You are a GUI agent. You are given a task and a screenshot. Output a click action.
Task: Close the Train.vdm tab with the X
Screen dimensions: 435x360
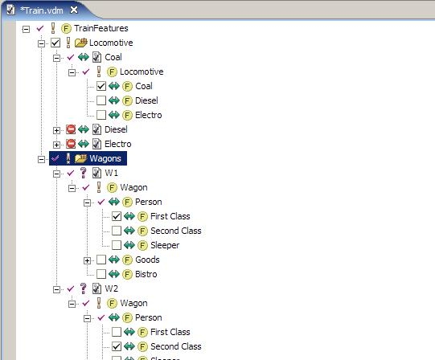74,10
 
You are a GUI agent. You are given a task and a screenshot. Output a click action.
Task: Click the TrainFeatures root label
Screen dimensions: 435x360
101,28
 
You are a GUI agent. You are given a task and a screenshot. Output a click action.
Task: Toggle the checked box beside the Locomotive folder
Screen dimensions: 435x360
55,43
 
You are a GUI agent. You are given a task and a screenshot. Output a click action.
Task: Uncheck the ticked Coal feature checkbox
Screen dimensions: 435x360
101,86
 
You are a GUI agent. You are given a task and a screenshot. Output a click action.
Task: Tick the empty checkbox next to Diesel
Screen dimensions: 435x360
101,100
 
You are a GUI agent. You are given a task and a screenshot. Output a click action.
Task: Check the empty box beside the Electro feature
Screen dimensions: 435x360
101,115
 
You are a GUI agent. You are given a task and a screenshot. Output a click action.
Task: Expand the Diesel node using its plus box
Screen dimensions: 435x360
56,130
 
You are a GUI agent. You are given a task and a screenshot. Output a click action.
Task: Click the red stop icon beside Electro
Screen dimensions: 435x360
71,144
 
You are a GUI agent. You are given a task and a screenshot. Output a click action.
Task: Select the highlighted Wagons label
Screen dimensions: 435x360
105,158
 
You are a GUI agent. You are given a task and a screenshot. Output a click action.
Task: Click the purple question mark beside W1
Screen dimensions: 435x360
84,173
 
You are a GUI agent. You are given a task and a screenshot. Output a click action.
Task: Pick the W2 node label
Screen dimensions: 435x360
111,288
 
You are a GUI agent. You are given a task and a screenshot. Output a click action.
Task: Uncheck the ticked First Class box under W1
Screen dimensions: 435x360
117,216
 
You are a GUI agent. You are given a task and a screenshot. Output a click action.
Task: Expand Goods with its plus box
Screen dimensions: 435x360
87,260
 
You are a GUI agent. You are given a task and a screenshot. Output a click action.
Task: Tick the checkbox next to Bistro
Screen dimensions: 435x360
101,274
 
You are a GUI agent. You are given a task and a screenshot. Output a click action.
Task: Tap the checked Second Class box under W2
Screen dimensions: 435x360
117,346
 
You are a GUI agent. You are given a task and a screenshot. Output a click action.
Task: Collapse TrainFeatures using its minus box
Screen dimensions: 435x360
26,29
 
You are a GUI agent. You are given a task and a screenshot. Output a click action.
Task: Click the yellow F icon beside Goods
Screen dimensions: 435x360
127,260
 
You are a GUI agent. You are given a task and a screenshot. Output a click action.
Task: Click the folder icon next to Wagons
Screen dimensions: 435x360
80,158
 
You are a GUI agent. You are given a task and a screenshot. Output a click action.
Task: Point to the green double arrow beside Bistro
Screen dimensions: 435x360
113,274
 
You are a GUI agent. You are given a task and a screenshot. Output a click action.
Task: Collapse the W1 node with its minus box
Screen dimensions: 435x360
56,174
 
